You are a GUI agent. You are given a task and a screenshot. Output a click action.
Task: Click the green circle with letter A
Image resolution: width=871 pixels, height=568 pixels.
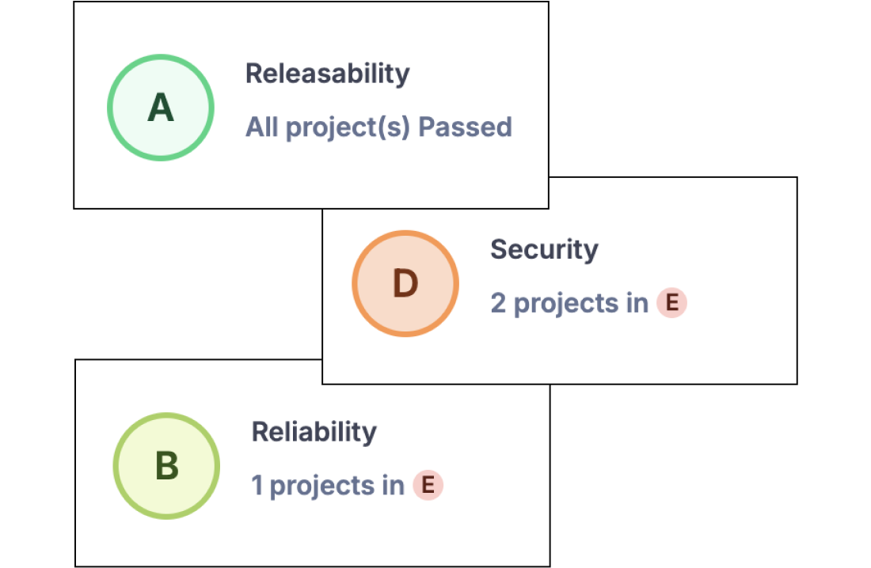pyautogui.click(x=161, y=108)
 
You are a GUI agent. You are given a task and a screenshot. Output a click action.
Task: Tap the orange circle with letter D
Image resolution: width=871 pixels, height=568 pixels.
pyautogui.click(x=405, y=283)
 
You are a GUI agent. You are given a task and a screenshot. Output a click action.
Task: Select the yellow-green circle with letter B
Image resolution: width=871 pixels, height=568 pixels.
pyautogui.click(x=166, y=466)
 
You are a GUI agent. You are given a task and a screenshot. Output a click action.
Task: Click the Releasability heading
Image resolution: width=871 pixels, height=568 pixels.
pyautogui.click(x=328, y=74)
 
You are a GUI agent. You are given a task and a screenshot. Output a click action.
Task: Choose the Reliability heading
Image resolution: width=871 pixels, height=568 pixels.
pyautogui.click(x=314, y=431)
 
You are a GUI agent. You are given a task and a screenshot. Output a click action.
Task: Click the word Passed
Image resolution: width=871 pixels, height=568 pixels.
pyautogui.click(x=465, y=127)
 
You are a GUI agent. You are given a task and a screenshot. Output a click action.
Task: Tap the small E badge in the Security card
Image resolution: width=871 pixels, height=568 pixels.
pyautogui.click(x=672, y=303)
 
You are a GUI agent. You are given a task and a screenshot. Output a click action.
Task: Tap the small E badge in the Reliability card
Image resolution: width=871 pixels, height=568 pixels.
pyautogui.click(x=428, y=485)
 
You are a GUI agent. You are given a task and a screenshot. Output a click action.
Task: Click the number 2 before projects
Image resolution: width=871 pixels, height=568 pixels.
pyautogui.click(x=498, y=303)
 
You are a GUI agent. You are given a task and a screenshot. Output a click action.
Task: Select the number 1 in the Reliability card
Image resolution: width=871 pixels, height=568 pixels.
pyautogui.click(x=257, y=485)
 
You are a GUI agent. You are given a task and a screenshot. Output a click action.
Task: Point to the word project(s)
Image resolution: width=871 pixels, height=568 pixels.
pyautogui.click(x=348, y=128)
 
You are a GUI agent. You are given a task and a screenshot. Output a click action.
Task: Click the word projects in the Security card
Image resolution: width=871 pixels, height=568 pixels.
pyautogui.click(x=566, y=305)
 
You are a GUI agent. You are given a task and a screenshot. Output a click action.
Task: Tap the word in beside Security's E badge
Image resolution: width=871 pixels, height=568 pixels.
pyautogui.click(x=637, y=303)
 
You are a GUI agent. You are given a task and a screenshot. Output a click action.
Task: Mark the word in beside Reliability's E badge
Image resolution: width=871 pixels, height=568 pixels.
pyautogui.click(x=393, y=485)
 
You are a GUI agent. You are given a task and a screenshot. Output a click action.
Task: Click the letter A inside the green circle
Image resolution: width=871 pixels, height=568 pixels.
pyautogui.click(x=161, y=108)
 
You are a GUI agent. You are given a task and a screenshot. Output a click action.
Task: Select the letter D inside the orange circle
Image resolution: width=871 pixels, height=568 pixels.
pyautogui.click(x=405, y=284)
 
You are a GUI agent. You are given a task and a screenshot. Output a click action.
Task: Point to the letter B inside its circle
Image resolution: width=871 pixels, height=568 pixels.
pyautogui.click(x=166, y=466)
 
